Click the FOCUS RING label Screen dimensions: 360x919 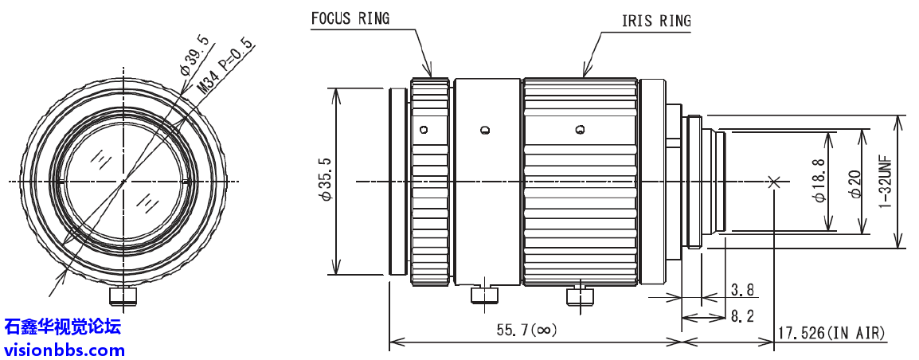click(350, 18)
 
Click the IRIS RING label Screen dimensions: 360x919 click(655, 21)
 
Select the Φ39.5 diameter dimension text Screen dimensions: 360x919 click(194, 56)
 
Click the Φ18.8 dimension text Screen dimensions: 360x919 click(819, 182)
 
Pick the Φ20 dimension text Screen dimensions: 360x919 click(853, 182)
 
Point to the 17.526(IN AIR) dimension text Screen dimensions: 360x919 click(832, 332)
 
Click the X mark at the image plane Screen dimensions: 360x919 click(773, 182)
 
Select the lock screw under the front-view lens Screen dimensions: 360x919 click(123, 297)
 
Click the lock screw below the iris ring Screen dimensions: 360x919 click(580, 295)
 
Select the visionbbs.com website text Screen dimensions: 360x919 click(64, 349)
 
